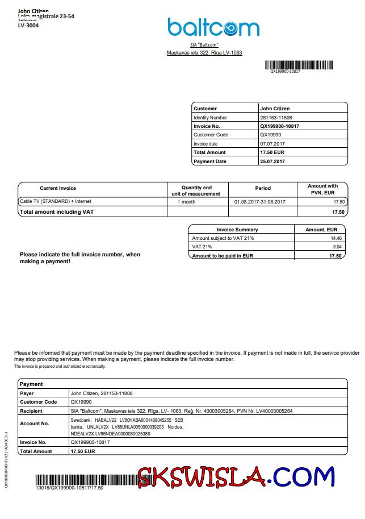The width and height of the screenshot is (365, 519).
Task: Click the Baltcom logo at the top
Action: tap(213, 27)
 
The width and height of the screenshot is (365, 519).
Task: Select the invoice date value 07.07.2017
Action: tap(272, 144)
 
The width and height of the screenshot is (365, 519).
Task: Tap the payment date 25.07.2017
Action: tap(272, 161)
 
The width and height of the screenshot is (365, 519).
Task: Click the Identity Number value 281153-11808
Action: tap(276, 117)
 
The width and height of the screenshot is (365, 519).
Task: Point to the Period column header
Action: tap(263, 188)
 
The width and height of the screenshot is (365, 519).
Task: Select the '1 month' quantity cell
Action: tap(186, 202)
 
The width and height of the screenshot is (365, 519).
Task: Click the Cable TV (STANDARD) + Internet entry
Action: tap(55, 201)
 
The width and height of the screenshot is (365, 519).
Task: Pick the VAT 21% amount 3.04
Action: tap(337, 247)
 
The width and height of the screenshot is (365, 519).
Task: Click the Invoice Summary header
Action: tap(237, 230)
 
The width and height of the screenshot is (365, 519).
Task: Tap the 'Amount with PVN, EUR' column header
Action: tap(322, 189)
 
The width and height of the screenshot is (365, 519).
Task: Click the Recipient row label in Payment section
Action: tap(31, 411)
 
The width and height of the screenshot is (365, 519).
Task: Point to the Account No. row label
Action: tap(35, 423)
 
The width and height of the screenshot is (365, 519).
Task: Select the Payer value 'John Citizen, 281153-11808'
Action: tap(102, 393)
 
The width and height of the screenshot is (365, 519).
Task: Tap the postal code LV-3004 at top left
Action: tap(28, 26)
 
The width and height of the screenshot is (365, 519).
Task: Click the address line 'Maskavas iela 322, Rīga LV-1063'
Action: tap(204, 53)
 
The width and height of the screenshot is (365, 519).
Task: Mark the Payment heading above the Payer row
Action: tap(31, 384)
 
